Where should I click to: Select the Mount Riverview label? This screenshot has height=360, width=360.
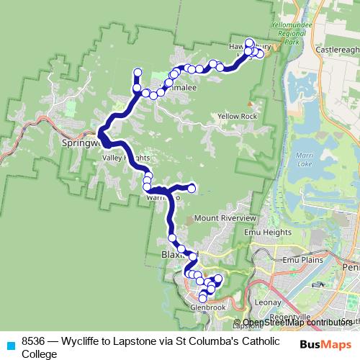tap(225, 218)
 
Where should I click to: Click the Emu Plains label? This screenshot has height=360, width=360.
tap(300, 258)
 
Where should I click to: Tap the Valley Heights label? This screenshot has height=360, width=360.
tap(126, 158)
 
